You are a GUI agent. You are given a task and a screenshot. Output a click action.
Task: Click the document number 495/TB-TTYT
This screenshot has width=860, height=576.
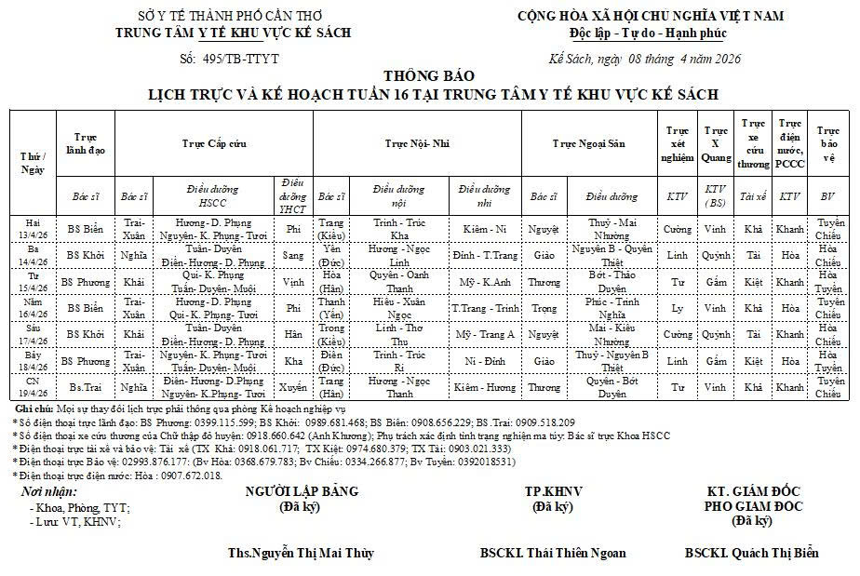240,60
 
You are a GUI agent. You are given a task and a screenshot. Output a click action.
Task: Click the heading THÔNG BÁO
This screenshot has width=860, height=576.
428,76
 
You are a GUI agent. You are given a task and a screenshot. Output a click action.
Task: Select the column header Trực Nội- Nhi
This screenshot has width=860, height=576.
417,143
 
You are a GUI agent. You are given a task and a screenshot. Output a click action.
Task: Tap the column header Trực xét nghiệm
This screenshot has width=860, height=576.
678,143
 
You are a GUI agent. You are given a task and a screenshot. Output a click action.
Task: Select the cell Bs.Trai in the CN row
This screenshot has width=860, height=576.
86,387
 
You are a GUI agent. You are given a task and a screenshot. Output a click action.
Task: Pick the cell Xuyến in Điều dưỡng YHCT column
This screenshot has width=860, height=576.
293,387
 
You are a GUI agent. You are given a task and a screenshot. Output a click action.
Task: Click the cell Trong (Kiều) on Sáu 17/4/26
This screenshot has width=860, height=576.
331,334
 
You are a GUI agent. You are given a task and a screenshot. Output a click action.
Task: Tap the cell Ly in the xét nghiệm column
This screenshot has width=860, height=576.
678,308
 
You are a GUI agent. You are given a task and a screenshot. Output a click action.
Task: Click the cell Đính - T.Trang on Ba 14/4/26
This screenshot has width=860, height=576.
484,255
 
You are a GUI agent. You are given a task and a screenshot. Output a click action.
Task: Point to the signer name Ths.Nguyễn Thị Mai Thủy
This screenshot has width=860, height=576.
301,553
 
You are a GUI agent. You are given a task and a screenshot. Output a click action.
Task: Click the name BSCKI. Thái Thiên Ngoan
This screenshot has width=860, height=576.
553,553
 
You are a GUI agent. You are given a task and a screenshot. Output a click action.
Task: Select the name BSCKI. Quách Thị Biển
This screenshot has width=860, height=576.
751,553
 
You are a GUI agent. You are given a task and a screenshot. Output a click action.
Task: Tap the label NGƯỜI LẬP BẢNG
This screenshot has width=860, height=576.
301,491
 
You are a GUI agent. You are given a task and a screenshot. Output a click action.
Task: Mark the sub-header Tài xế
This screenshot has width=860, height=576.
752,196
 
